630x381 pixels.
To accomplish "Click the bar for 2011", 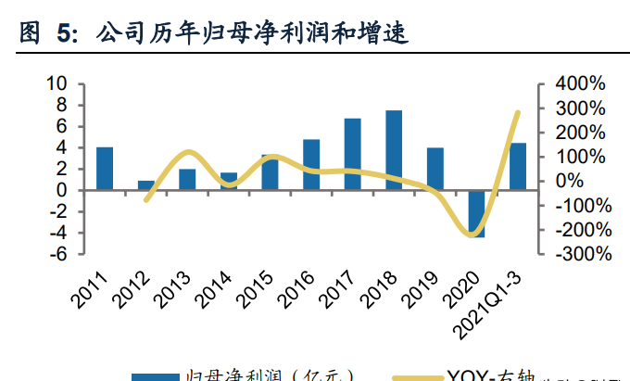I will [105, 169].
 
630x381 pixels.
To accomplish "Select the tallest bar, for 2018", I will [394, 150].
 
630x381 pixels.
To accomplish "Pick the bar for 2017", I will [352, 154].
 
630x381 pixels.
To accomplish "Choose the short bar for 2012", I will [146, 185].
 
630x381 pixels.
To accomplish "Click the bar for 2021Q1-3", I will [518, 167].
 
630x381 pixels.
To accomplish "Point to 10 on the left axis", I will [57, 84].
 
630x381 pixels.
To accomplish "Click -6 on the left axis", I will [57, 254].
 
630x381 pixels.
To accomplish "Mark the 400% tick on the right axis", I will [579, 84].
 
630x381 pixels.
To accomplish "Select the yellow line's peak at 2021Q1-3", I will [518, 112].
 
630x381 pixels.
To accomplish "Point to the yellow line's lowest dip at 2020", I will [472, 235].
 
